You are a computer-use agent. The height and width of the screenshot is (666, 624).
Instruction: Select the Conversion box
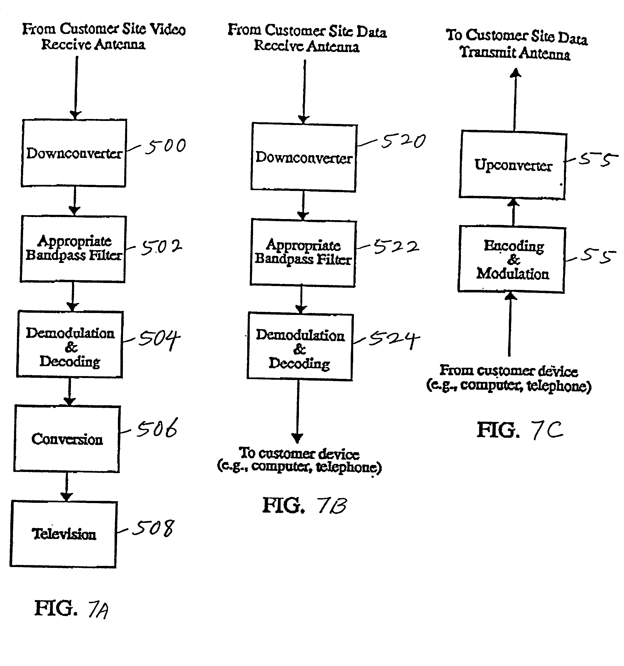(x=67, y=439)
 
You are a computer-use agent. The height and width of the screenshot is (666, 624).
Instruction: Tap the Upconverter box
(x=513, y=165)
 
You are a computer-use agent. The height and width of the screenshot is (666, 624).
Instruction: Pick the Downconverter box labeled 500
(x=74, y=153)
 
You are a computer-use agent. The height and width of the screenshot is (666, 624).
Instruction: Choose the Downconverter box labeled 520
(x=304, y=157)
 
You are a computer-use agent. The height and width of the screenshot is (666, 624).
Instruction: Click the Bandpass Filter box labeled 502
(x=73, y=248)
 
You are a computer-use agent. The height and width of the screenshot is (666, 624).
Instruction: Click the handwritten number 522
(x=396, y=247)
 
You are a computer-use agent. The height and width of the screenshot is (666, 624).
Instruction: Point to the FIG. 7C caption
(x=520, y=430)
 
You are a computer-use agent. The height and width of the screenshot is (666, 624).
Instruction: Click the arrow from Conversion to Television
(x=66, y=486)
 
